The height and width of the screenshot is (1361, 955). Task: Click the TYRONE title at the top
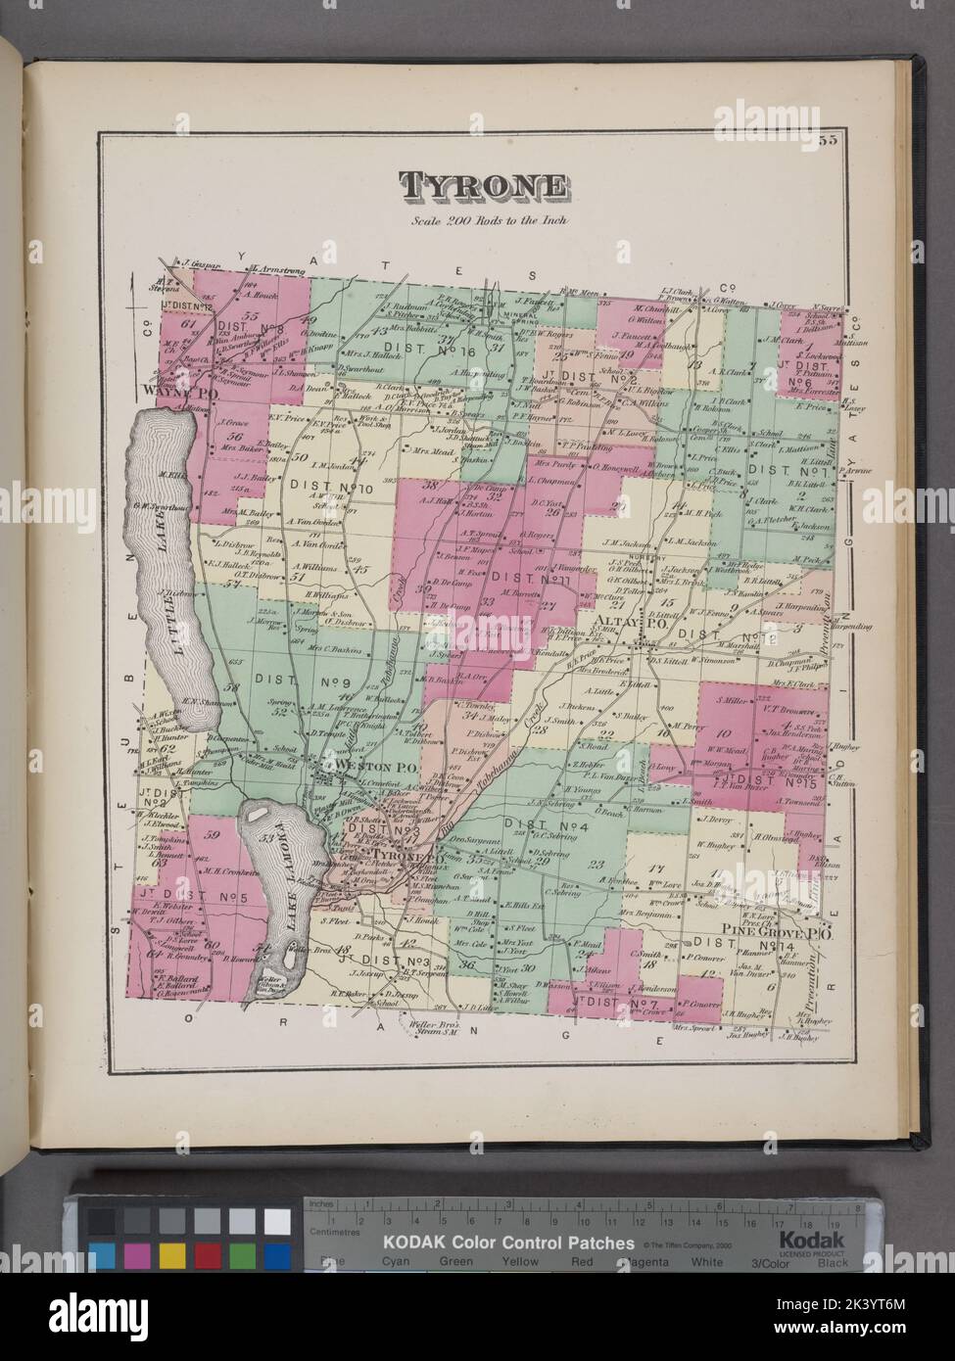point(480,186)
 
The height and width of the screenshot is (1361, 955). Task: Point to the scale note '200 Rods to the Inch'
point(481,219)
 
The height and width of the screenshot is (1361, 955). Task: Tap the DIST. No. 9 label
point(282,676)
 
